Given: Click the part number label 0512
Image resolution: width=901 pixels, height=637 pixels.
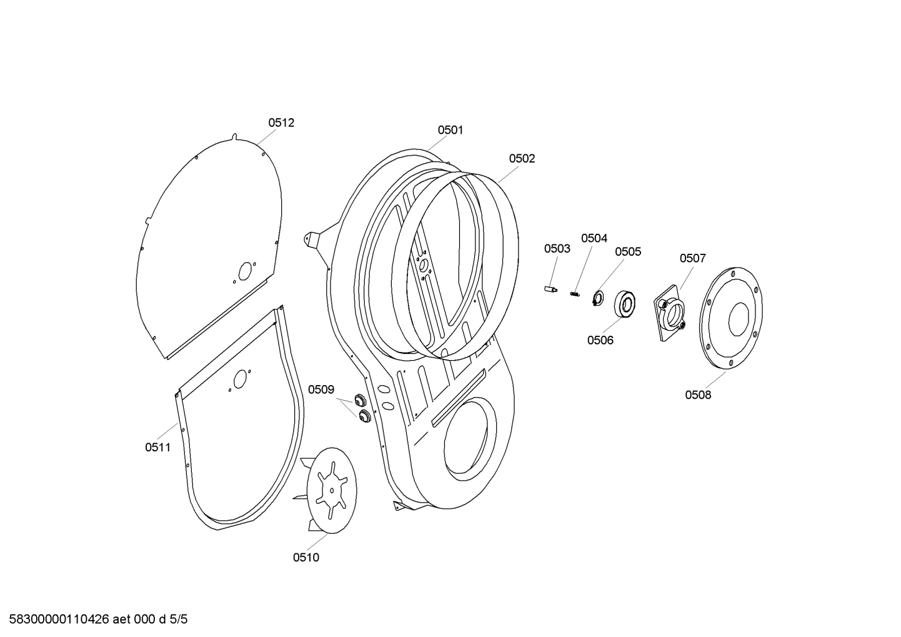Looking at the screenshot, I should (281, 123).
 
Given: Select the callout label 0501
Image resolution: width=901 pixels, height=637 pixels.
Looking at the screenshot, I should (450, 130).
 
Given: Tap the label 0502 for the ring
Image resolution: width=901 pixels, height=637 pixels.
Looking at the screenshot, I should (522, 159).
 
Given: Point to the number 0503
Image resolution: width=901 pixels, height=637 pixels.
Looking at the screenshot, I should (557, 249).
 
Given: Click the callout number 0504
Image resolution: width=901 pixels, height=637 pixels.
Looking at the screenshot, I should (594, 238).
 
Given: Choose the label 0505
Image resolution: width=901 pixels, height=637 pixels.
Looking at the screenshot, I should (628, 252).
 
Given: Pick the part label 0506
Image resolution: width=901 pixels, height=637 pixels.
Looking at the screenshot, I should (600, 341).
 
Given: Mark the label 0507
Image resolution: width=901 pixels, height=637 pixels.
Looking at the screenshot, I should (693, 258).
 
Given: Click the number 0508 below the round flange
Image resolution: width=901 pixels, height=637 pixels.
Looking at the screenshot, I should (698, 395).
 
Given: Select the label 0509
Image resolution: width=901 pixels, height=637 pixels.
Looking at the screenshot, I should (321, 390).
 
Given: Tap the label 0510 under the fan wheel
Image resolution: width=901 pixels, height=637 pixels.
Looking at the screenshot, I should (306, 558).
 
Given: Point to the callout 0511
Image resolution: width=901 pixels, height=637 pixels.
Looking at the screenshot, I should (157, 448).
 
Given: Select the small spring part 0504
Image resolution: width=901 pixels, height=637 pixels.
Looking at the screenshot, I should (574, 293).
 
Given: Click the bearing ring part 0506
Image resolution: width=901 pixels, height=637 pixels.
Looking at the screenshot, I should (625, 304).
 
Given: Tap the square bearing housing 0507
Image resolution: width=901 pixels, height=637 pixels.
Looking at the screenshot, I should (670, 313).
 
